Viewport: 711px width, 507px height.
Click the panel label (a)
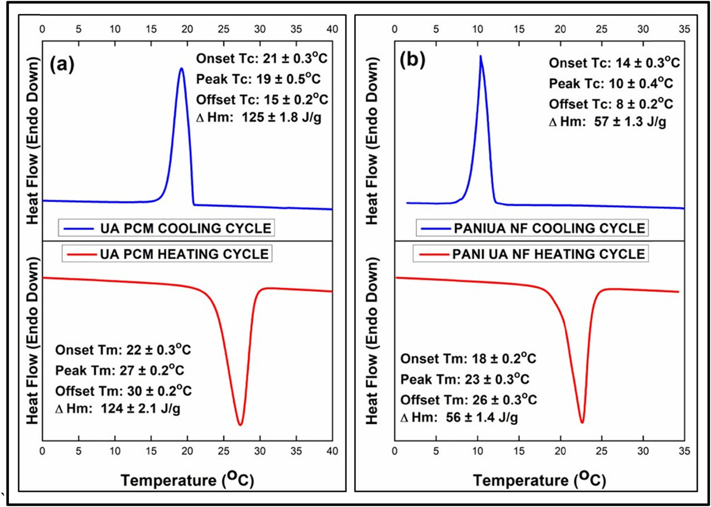[62, 64]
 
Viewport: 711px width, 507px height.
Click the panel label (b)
[412, 60]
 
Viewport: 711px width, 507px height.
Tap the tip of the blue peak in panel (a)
[182, 68]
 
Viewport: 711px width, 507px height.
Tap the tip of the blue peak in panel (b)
[481, 56]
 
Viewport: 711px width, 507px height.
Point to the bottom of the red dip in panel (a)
[241, 425]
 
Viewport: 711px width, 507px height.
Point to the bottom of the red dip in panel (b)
[582, 422]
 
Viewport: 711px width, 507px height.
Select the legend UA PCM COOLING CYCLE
[167, 228]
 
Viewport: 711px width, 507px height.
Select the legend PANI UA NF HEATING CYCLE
[531, 254]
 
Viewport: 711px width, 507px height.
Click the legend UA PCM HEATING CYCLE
[167, 254]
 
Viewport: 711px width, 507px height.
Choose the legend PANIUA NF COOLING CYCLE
[532, 228]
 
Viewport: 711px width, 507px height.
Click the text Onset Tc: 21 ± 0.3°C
[261, 58]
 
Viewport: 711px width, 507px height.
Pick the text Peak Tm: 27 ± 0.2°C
[119, 370]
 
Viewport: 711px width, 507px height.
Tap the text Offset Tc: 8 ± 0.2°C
[611, 104]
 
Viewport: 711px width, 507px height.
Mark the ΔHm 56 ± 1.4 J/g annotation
[459, 417]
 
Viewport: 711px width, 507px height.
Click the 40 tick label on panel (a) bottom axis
[332, 451]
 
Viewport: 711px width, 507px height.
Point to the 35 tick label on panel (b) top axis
[684, 29]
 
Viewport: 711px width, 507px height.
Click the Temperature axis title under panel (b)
[539, 479]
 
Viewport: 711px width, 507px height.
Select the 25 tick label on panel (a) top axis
[223, 29]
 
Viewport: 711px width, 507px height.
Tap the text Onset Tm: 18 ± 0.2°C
[468, 358]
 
